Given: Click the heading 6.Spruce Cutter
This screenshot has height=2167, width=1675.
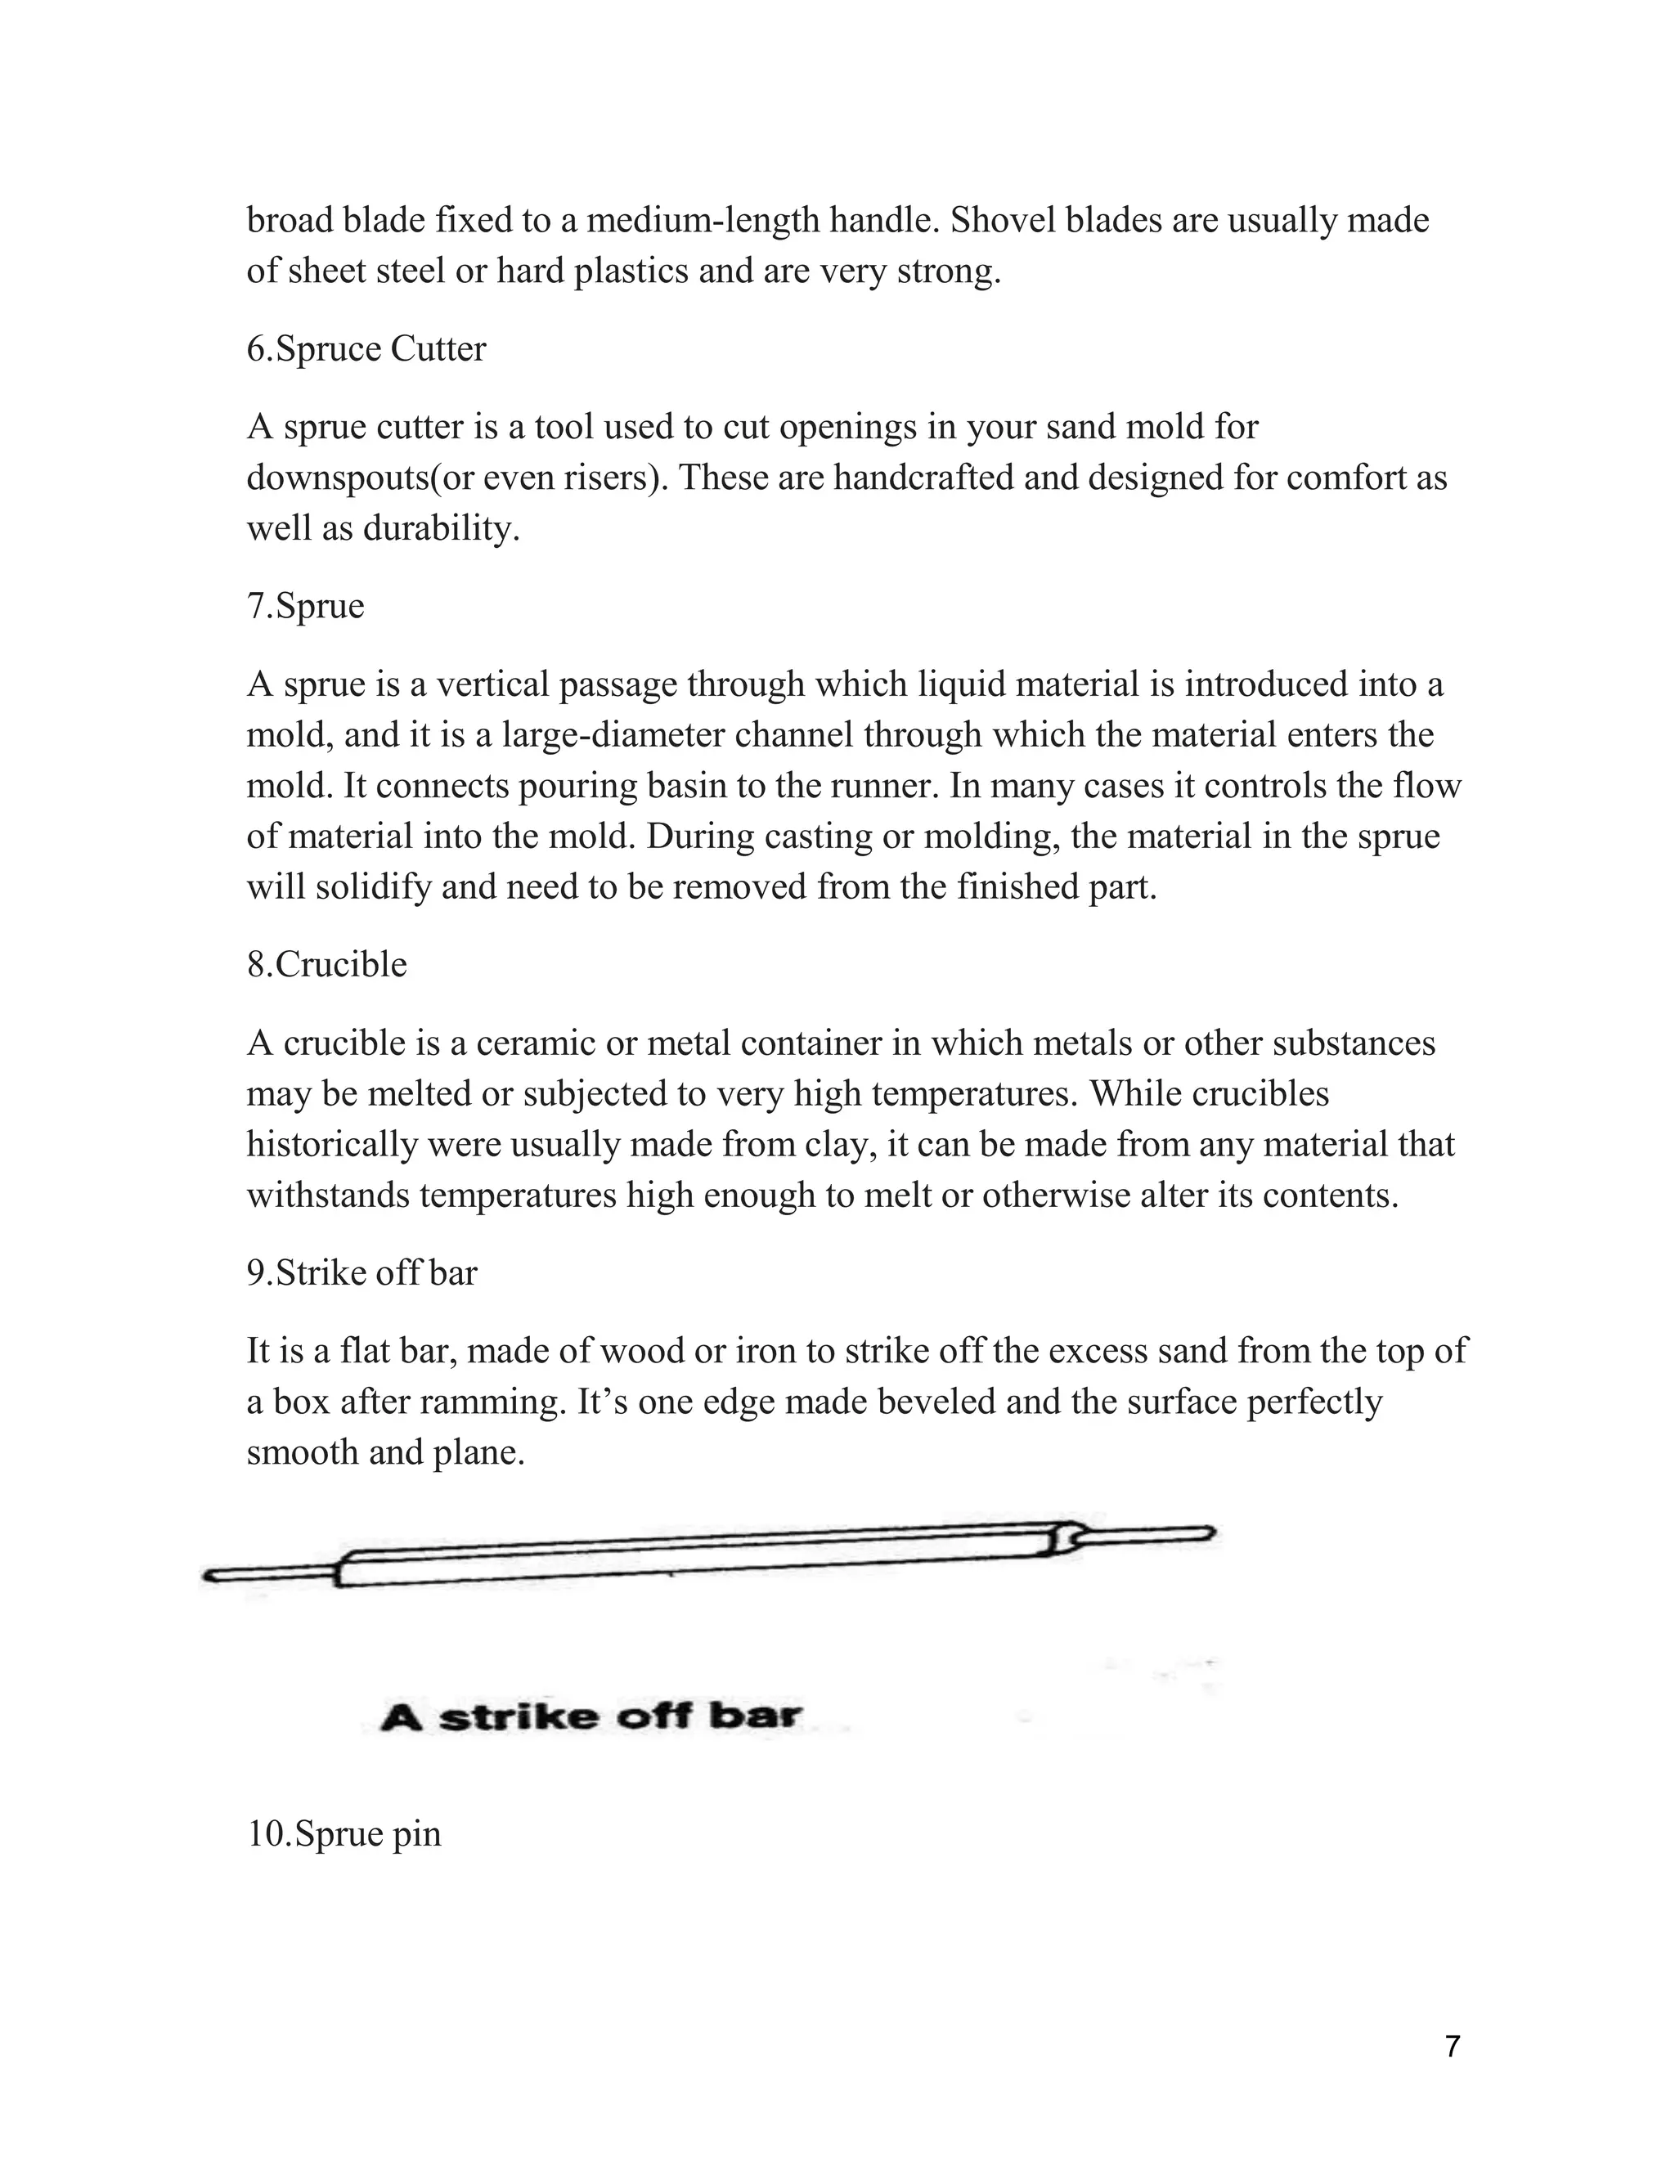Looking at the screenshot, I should pos(366,349).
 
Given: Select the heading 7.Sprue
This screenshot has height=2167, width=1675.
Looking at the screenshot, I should pos(306,605).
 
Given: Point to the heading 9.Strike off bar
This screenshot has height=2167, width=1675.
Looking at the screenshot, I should pos(361,1273).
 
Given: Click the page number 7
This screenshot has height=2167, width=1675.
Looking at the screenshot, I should pos(1453,2046).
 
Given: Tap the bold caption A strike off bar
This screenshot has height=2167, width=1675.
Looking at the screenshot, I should pos(591,1716).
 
